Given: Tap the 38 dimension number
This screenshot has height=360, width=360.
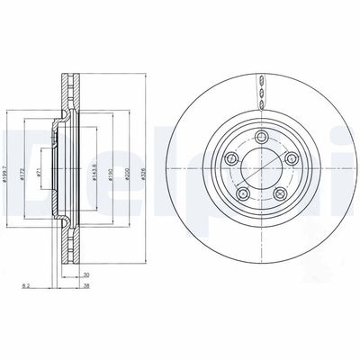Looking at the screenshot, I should click(x=85, y=289).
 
